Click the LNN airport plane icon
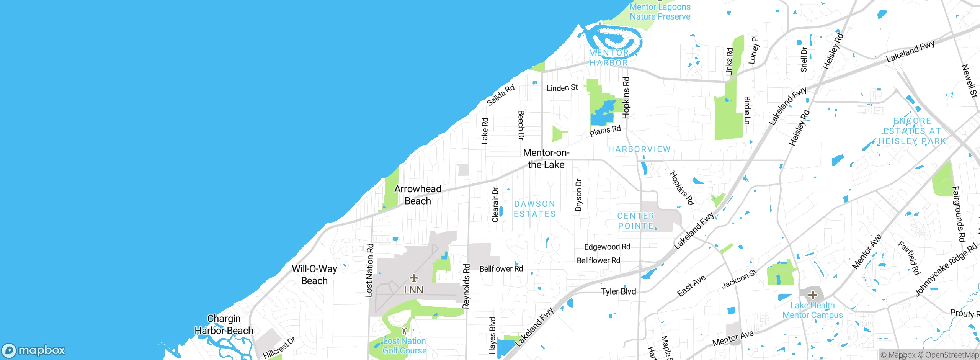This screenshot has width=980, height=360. click(413, 278)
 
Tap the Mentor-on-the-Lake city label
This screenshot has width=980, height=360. click(546, 159)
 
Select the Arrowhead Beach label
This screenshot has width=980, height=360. click(418, 195)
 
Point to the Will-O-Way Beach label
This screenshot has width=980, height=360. click(314, 275)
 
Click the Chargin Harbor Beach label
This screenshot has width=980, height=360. click(224, 324)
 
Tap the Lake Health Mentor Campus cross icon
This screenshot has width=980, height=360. click(812, 295)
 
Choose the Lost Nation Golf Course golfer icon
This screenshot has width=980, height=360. click(404, 330)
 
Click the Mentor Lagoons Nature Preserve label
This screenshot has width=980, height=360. click(660, 11)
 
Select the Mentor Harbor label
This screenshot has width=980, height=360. click(609, 58)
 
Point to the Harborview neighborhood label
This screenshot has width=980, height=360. click(639, 149)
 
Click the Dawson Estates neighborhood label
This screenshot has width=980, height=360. click(534, 209)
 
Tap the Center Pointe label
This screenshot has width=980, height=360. click(636, 221)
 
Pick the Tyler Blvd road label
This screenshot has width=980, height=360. click(618, 291)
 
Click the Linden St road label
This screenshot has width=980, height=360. click(562, 88)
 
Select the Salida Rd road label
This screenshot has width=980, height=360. click(500, 95)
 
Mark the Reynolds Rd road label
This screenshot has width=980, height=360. click(466, 286)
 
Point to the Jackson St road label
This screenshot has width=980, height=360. click(739, 279)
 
